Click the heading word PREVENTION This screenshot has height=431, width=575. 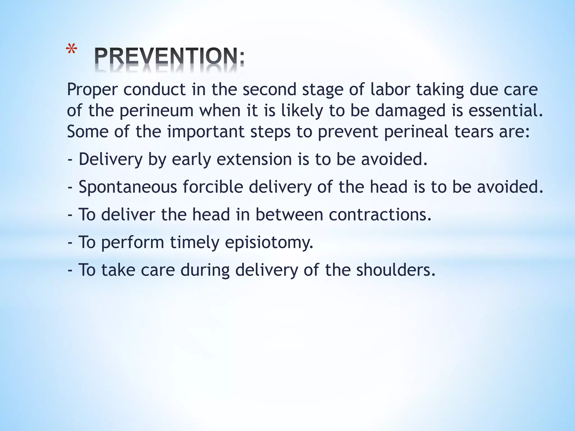(x=169, y=56)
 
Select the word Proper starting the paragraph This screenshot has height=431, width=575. (x=92, y=90)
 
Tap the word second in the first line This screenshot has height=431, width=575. (x=269, y=90)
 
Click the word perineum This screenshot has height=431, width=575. (x=156, y=111)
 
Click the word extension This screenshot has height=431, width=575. (x=254, y=159)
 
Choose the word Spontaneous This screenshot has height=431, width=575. (x=128, y=187)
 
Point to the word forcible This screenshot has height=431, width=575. (x=213, y=187)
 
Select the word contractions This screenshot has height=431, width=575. (x=380, y=215)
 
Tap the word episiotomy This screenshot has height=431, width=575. (x=269, y=242)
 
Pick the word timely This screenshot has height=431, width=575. (x=195, y=242)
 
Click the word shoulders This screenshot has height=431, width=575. (x=396, y=270)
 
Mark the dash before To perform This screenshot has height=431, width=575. (x=70, y=242)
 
